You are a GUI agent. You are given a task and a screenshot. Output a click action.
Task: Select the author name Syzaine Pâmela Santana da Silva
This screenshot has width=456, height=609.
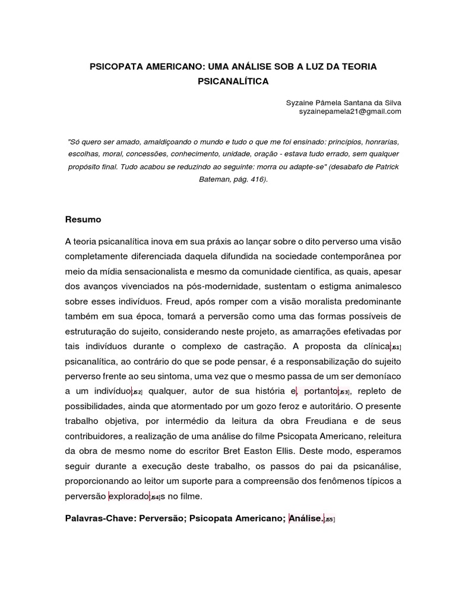(x=344, y=102)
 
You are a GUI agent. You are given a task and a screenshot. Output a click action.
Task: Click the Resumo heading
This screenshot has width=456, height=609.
(x=83, y=219)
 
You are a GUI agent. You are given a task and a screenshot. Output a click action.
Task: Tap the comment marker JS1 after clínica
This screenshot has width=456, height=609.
(x=396, y=348)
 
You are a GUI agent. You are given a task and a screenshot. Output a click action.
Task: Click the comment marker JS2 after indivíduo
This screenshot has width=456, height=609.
(x=137, y=393)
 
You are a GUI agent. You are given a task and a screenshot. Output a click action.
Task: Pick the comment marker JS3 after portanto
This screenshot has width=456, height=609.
(x=344, y=393)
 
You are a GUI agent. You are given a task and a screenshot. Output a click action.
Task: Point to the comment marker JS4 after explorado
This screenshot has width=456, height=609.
(x=155, y=497)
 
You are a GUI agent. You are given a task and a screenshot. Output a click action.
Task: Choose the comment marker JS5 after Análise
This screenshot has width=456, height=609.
(x=330, y=520)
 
